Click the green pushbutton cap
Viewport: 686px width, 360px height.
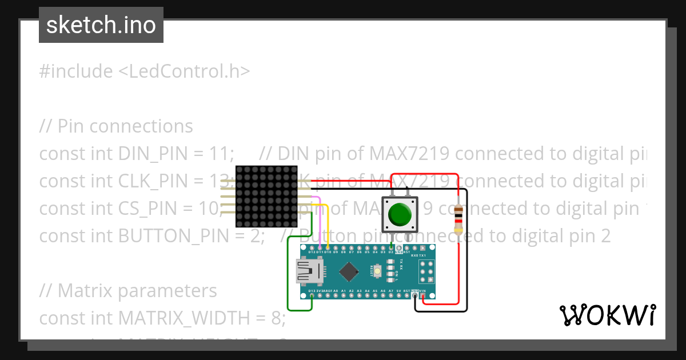pos(400,214)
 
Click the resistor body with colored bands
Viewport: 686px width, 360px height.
pos(458,220)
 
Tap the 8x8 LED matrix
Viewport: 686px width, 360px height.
pos(266,196)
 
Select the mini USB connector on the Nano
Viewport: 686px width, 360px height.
pos(308,271)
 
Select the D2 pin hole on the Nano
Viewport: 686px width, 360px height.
pos(391,247)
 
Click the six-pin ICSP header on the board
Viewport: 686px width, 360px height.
pos(426,271)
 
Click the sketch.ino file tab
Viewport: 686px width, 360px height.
pos(101,25)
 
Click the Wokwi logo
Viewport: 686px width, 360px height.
pos(607,315)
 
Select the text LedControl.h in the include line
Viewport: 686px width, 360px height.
pos(184,71)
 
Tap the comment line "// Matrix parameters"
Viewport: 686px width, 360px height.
pos(128,291)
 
